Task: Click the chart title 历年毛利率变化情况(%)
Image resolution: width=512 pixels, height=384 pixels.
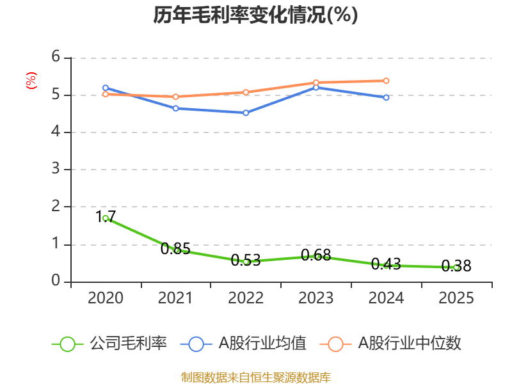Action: pyautogui.click(x=255, y=15)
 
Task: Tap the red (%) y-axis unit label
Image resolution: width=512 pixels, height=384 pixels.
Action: pyautogui.click(x=31, y=81)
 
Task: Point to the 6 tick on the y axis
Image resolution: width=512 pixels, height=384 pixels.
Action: pyautogui.click(x=56, y=58)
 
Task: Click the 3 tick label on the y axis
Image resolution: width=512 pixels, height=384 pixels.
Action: pyautogui.click(x=56, y=170)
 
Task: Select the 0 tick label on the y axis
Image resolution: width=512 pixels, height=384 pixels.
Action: pyautogui.click(x=56, y=281)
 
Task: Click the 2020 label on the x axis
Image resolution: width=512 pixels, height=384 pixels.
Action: pyautogui.click(x=106, y=298)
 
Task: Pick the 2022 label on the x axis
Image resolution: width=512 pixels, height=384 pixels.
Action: pyautogui.click(x=246, y=298)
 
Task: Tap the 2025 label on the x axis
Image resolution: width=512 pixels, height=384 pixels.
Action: pyautogui.click(x=456, y=298)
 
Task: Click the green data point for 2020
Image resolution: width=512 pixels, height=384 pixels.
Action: pyautogui.click(x=106, y=218)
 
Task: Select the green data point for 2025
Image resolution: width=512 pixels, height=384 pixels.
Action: pyautogui.click(x=456, y=267)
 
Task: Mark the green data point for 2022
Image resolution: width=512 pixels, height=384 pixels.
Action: pyautogui.click(x=246, y=261)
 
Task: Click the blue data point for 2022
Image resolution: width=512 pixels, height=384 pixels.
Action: pyautogui.click(x=246, y=113)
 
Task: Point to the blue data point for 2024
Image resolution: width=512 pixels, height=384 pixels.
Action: pyautogui.click(x=386, y=97)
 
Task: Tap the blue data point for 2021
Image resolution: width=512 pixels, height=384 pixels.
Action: pyautogui.click(x=175, y=108)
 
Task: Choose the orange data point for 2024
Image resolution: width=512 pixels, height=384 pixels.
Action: pyautogui.click(x=386, y=81)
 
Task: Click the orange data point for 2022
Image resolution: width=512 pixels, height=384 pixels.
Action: pyautogui.click(x=246, y=92)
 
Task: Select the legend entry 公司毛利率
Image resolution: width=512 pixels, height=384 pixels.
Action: pyautogui.click(x=110, y=344)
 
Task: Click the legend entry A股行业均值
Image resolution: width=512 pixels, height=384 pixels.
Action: pyautogui.click(x=244, y=344)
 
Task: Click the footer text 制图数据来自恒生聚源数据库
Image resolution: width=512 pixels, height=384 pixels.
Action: pyautogui.click(x=255, y=377)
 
